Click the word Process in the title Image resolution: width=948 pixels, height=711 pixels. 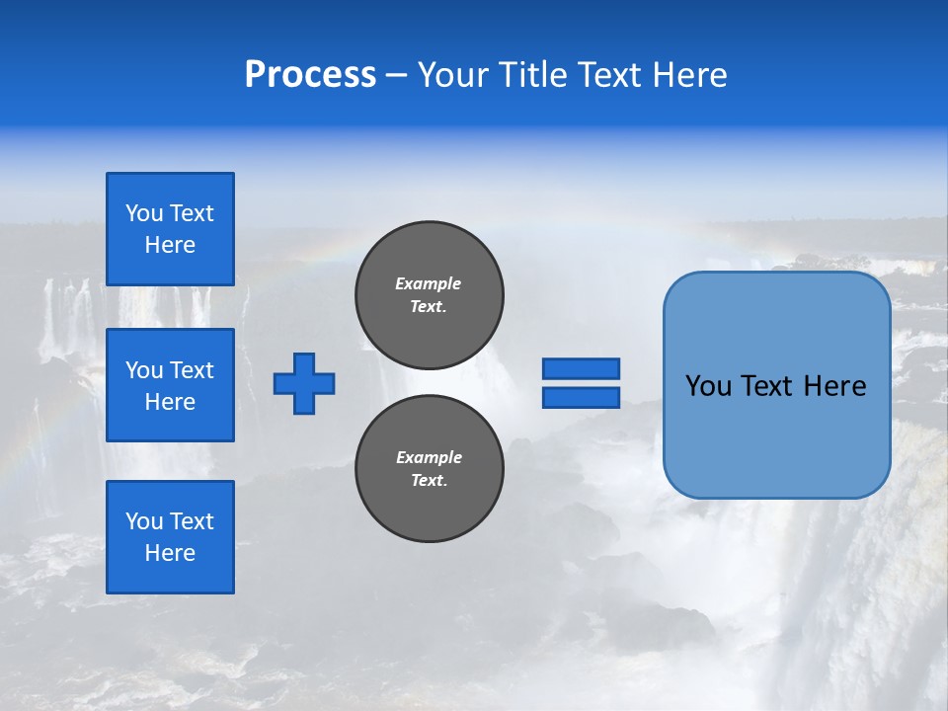click(x=310, y=74)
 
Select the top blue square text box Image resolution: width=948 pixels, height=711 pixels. click(x=170, y=229)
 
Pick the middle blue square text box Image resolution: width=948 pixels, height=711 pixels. click(x=170, y=385)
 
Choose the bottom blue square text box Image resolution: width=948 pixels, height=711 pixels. click(x=170, y=537)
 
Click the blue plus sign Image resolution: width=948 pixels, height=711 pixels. click(x=304, y=383)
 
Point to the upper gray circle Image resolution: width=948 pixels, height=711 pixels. click(x=430, y=295)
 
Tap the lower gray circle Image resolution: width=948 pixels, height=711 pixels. click(x=430, y=469)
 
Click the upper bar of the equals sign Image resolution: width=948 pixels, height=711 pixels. click(x=581, y=368)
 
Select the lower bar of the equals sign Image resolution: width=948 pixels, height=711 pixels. click(x=581, y=397)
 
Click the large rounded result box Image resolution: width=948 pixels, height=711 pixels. click(x=776, y=385)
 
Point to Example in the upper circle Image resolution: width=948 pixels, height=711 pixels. click(x=429, y=283)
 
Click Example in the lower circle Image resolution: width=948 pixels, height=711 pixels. click(x=429, y=457)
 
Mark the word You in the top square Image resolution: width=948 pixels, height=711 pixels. click(x=144, y=213)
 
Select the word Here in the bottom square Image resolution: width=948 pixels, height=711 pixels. click(x=170, y=553)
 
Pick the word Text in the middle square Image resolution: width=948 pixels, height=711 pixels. click(x=192, y=370)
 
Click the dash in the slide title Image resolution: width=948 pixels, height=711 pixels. click(x=396, y=74)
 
